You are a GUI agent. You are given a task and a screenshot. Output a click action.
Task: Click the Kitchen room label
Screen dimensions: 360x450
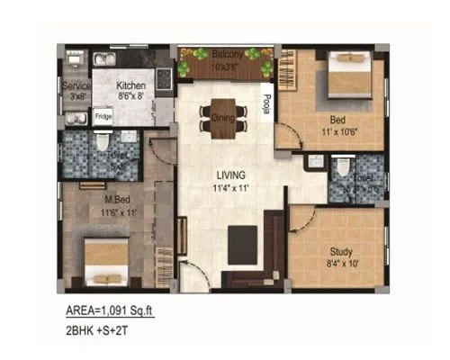tap(131, 78)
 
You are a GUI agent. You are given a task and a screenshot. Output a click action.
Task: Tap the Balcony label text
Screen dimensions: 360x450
tap(218, 53)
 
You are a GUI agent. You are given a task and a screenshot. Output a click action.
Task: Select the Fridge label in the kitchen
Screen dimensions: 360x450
tap(103, 117)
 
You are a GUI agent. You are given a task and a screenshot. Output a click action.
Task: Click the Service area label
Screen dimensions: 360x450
tap(74, 87)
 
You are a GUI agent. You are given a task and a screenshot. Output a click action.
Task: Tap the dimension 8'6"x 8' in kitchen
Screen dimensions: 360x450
tap(132, 91)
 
